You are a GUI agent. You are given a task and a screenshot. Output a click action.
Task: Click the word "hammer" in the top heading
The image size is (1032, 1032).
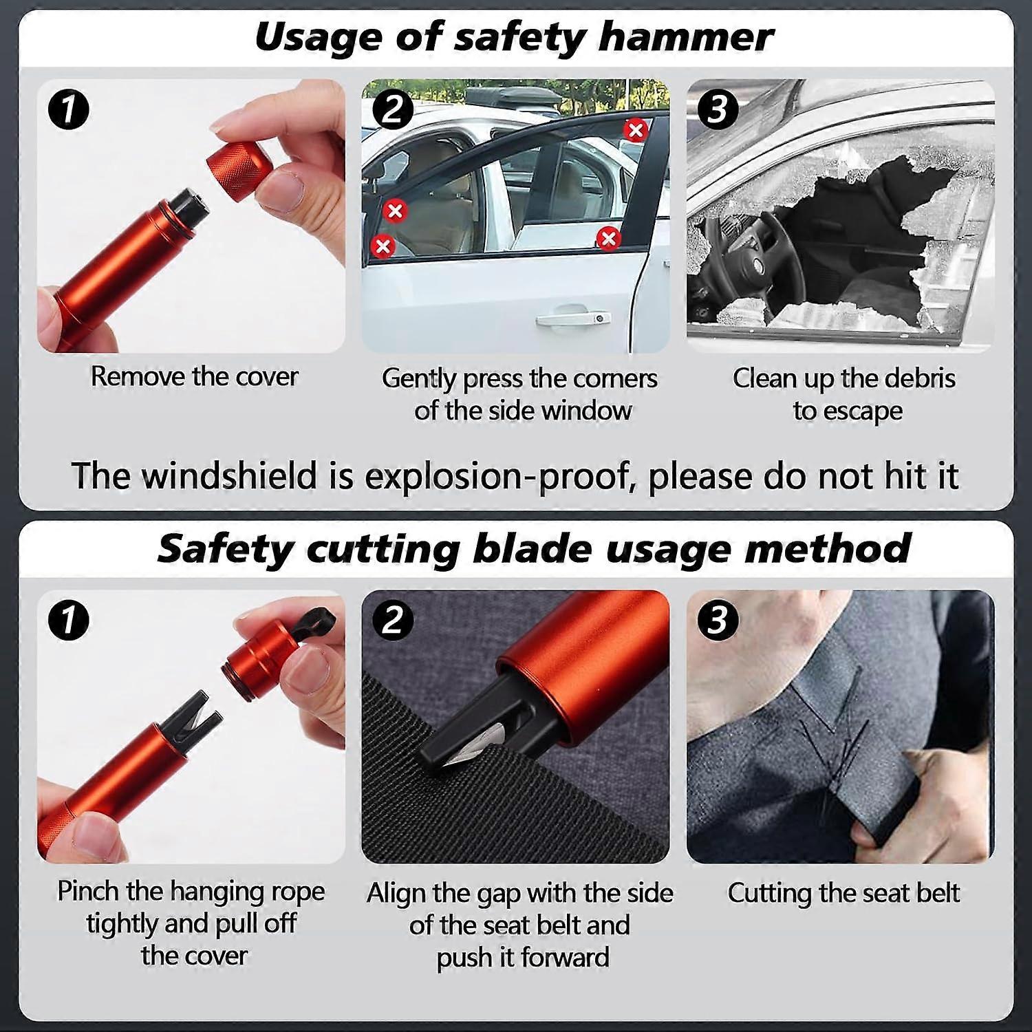685,37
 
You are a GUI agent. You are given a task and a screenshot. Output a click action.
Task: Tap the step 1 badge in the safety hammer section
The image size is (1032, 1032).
69,109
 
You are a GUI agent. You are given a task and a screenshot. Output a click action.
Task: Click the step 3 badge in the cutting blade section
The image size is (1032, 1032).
717,620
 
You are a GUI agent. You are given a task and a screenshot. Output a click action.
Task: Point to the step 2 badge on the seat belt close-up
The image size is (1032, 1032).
392,620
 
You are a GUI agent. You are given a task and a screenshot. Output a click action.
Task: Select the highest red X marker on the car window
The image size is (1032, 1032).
636,129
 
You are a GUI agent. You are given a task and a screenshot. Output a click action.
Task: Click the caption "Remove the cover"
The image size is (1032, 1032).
195,376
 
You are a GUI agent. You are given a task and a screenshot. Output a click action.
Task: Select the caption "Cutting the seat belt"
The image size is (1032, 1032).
843,893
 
